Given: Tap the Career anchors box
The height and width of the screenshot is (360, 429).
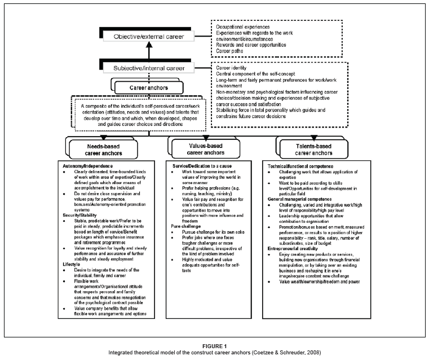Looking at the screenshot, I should pyautogui.click(x=148, y=88).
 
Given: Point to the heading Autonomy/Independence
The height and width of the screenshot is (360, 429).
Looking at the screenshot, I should pyautogui.click(x=85, y=166).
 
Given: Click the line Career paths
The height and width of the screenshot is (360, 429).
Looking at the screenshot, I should pyautogui.click(x=231, y=51).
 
